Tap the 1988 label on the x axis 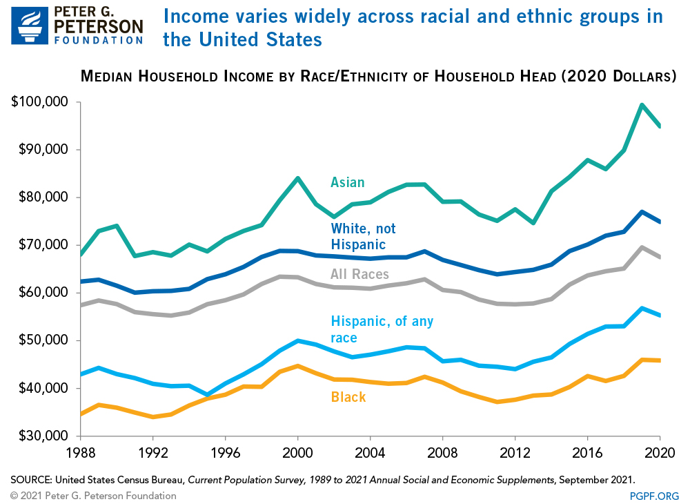[x=81, y=454]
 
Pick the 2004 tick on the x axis [x=371, y=454]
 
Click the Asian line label [x=347, y=182]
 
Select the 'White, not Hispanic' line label [x=363, y=235]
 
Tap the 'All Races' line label [x=359, y=274]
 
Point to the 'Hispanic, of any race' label [x=382, y=329]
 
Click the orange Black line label [x=348, y=397]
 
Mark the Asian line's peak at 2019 [x=642, y=105]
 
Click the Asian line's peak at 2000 [x=297, y=178]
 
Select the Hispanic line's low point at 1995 [x=207, y=395]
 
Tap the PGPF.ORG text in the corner [x=655, y=496]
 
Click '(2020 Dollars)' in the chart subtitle [x=616, y=76]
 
